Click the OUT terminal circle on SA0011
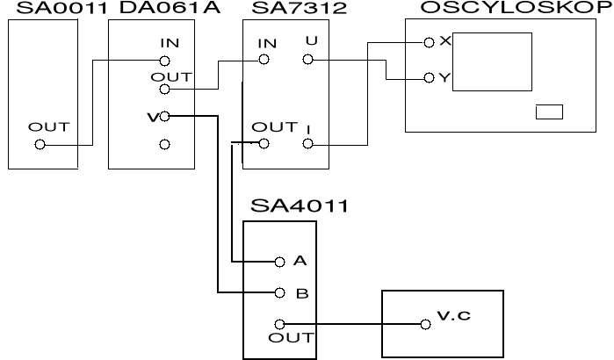(40, 145)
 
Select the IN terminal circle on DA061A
(164, 61)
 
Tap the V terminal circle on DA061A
(164, 117)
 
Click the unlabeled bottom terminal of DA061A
(164, 144)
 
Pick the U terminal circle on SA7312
(307, 60)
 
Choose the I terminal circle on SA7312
(307, 144)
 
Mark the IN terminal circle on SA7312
(263, 61)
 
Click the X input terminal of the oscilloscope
(430, 42)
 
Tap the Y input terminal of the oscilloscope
(430, 77)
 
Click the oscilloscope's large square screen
(493, 63)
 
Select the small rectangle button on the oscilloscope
(549, 112)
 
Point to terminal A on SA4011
(279, 262)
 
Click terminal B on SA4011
(279, 293)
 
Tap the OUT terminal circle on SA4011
(279, 324)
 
